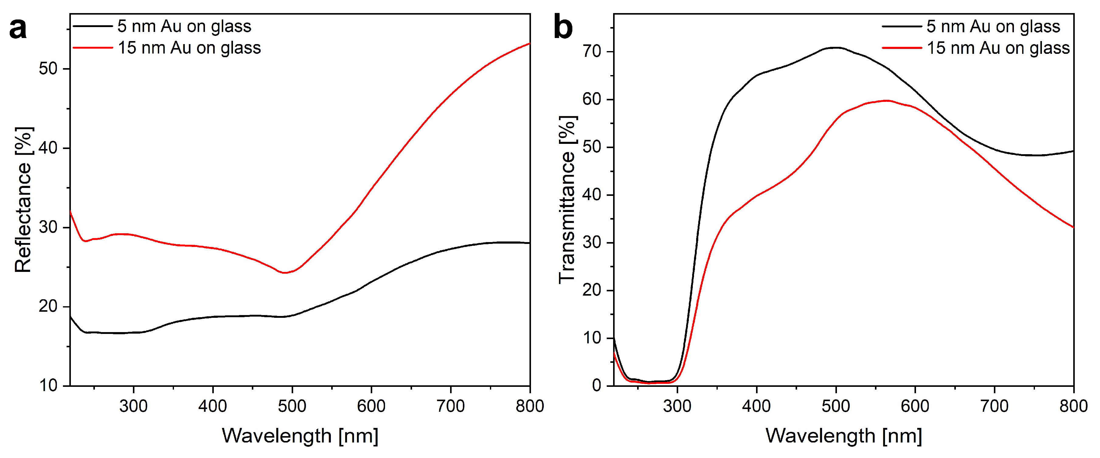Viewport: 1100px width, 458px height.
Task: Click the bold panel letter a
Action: tap(18, 29)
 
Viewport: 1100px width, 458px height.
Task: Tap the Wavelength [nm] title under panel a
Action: tap(300, 436)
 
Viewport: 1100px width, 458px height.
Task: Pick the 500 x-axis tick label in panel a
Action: tap(292, 406)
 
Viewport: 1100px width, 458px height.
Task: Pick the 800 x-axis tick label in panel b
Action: tap(1073, 406)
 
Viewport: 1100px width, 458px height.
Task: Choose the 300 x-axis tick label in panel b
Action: tap(677, 406)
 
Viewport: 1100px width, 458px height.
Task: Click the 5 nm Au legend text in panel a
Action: tap(185, 26)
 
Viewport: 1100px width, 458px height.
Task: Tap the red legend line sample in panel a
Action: tap(93, 48)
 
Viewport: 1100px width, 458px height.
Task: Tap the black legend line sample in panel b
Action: tap(901, 26)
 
